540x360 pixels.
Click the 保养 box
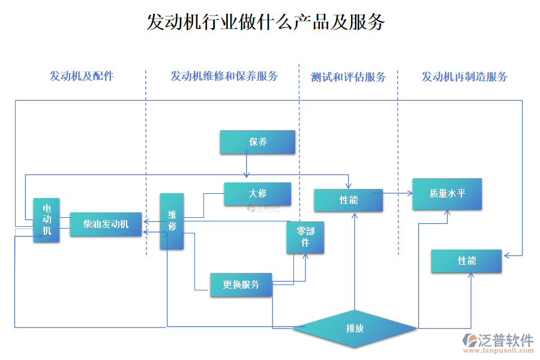tap(258, 142)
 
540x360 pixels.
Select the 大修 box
tap(257, 194)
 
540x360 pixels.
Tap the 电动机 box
tap(46, 220)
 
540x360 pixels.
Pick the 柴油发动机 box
tap(106, 224)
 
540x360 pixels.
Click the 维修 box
tap(172, 221)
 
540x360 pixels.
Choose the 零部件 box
tap(305, 237)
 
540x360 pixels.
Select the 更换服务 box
tap(241, 284)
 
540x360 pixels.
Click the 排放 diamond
tap(355, 328)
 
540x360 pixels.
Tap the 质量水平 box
tap(447, 193)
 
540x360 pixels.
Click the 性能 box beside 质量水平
tap(349, 200)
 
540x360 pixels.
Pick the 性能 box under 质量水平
tap(466, 261)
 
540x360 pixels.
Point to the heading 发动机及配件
tap(81, 76)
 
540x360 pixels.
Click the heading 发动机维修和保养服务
tap(224, 76)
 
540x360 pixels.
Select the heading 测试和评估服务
tap(348, 77)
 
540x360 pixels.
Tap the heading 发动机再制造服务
tap(464, 77)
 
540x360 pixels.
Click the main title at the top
tap(266, 23)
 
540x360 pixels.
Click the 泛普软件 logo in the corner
tap(499, 340)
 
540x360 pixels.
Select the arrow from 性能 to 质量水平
tap(397, 193)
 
